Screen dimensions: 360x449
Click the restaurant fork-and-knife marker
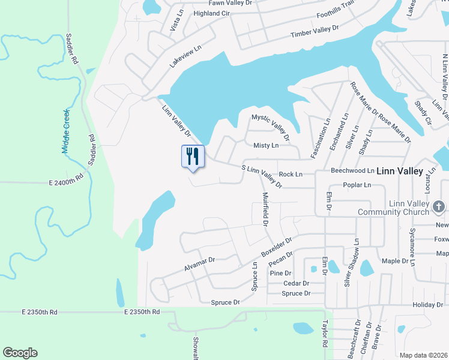(x=193, y=157)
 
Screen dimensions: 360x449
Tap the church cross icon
(x=439, y=207)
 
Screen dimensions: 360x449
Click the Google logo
(x=20, y=353)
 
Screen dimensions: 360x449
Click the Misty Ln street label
(x=266, y=145)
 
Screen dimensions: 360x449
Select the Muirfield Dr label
(x=264, y=209)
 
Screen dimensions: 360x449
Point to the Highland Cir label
(x=211, y=13)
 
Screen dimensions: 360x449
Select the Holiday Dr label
(x=427, y=305)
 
